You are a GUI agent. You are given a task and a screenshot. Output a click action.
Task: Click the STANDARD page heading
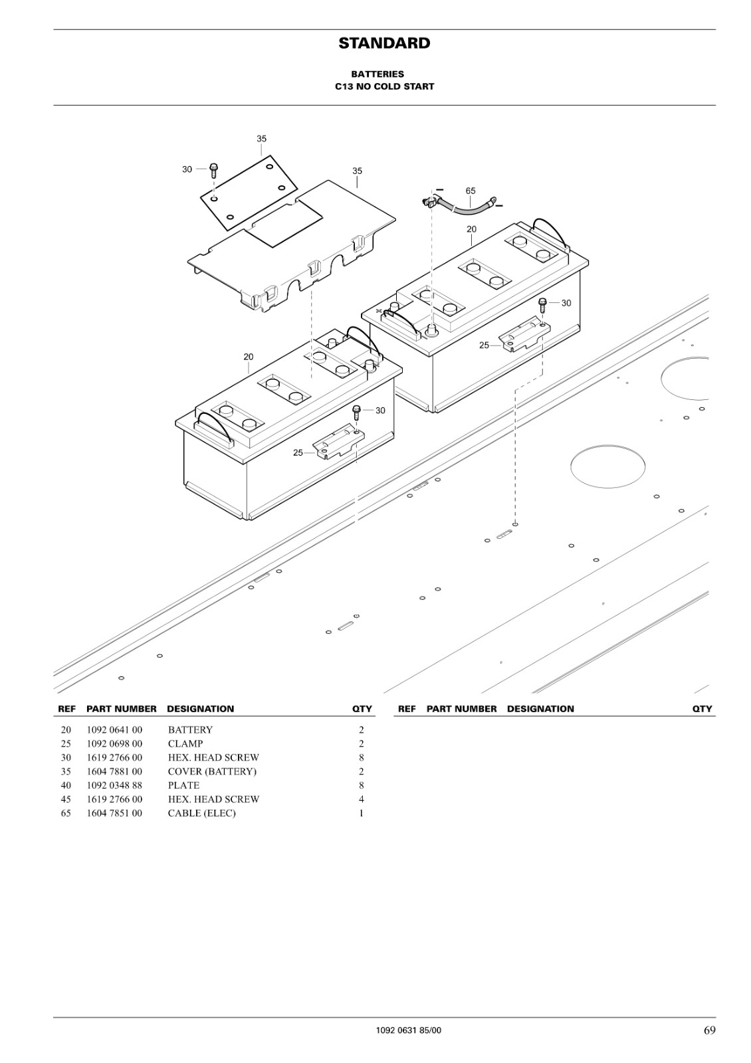tap(384, 43)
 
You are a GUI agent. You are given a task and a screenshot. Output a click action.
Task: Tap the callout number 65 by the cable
tap(470, 191)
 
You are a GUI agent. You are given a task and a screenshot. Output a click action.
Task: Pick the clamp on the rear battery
tap(524, 336)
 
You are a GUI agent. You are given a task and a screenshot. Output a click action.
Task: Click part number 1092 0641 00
tap(114, 729)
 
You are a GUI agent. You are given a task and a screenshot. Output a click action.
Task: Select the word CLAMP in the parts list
tap(185, 743)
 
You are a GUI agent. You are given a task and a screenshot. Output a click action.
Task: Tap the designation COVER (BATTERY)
tap(212, 771)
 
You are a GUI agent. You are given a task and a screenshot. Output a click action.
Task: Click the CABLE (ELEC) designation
tap(202, 813)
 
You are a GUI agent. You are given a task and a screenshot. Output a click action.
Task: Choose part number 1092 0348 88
tap(114, 785)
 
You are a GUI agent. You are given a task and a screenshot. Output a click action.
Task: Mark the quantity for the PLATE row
tap(362, 785)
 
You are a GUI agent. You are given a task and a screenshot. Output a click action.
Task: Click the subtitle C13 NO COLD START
tap(385, 87)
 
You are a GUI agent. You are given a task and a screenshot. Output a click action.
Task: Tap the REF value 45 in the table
tap(66, 799)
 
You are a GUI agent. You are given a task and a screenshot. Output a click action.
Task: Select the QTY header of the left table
tap(362, 709)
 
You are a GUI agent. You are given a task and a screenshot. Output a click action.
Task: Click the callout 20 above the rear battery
tap(471, 229)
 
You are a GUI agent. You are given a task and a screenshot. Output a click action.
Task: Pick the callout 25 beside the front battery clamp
tap(298, 452)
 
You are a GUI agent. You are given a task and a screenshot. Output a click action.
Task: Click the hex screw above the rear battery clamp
tap(542, 305)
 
